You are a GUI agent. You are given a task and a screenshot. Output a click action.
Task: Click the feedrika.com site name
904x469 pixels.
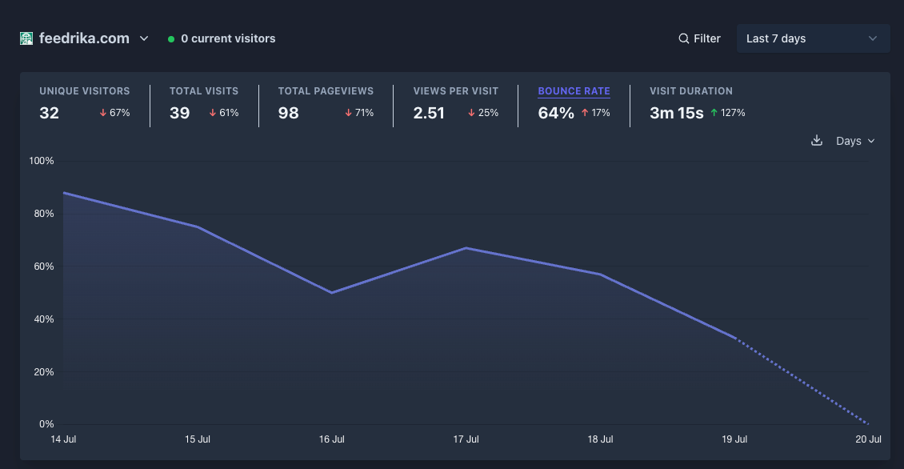(84, 38)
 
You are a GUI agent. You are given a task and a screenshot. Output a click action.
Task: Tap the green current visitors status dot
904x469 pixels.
(171, 39)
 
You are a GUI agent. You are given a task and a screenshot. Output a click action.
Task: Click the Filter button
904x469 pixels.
(699, 38)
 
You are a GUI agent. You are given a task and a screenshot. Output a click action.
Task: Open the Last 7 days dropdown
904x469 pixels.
(813, 38)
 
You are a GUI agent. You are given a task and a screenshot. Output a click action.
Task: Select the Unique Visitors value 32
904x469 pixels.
(49, 113)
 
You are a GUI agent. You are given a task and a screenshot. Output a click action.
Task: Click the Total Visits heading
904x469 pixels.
(204, 91)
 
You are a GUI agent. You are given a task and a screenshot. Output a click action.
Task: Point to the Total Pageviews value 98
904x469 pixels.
(288, 113)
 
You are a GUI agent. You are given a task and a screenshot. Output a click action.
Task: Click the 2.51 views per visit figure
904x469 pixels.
(429, 113)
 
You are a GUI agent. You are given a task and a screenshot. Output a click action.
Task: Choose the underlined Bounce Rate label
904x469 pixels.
(574, 91)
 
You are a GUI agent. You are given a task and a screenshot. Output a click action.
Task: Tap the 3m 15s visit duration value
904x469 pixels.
(676, 113)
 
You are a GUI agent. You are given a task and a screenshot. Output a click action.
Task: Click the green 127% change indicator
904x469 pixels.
(727, 113)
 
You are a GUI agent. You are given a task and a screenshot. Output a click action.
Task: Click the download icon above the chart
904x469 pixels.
(816, 141)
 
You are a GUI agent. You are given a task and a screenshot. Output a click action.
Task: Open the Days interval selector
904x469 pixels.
(855, 141)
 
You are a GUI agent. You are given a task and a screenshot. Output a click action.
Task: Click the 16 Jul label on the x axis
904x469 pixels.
(331, 439)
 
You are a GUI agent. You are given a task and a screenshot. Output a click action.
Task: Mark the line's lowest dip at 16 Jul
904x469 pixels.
(332, 293)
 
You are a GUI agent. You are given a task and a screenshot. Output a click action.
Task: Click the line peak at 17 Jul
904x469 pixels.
(466, 248)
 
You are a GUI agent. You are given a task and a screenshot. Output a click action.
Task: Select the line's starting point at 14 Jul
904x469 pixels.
(63, 193)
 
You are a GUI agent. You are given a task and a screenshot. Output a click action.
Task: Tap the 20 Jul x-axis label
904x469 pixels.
(868, 439)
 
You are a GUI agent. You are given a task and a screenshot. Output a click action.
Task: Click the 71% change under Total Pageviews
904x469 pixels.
(359, 113)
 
